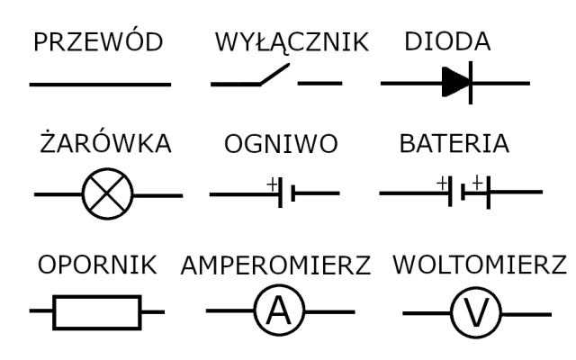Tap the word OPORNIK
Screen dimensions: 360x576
pyautogui.click(x=98, y=265)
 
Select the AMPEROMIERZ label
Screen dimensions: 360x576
pyautogui.click(x=276, y=265)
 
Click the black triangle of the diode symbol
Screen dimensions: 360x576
pyautogui.click(x=453, y=84)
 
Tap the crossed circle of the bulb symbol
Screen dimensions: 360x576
pyautogui.click(x=107, y=193)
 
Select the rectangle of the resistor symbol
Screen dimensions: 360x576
pyautogui.click(x=97, y=312)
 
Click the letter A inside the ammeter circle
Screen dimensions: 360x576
pyautogui.click(x=280, y=311)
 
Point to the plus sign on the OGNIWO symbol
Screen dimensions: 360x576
pyautogui.click(x=272, y=184)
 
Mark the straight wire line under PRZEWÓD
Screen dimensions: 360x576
pyautogui.click(x=100, y=85)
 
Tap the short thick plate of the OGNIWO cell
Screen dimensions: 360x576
pyautogui.click(x=294, y=193)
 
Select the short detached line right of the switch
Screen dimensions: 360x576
pyautogui.click(x=319, y=85)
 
